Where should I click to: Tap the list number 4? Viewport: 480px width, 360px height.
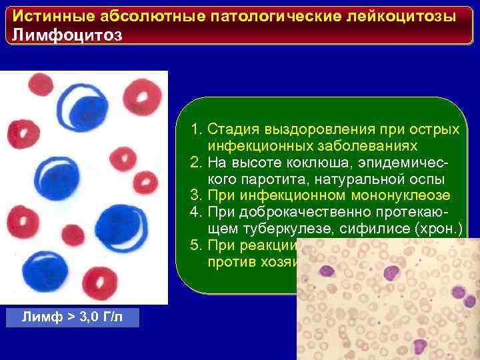point(195,213)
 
